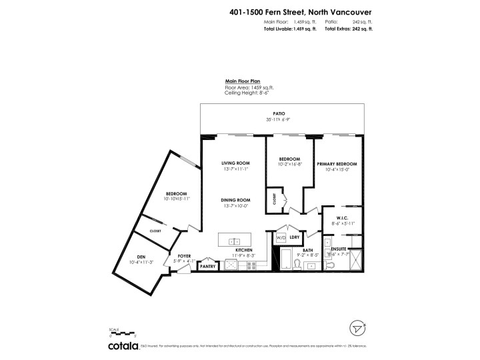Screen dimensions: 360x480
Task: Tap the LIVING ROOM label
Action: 235,163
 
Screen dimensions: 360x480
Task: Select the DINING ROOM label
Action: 235,200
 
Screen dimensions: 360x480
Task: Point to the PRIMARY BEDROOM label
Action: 337,163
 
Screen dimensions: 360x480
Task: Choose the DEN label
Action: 141,257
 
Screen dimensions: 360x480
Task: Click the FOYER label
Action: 184,255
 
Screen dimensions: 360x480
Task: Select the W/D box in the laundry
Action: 281,237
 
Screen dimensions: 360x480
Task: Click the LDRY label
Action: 295,237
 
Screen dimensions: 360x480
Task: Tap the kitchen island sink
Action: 235,241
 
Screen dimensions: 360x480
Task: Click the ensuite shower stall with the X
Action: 355,259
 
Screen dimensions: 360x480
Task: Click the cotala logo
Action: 124,346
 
